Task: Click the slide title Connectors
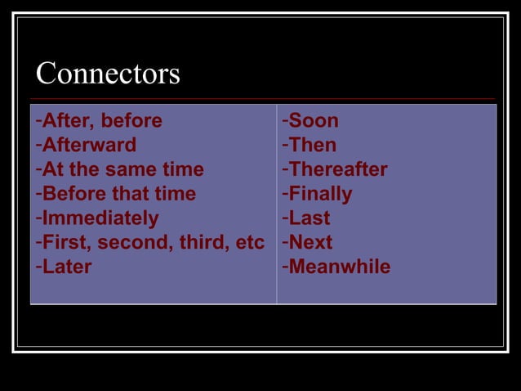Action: pos(108,74)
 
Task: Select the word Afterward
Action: pos(89,146)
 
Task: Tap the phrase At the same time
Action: pos(122,170)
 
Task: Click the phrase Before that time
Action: pos(118,194)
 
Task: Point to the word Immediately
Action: pos(100,218)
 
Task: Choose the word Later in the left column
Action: pos(67,267)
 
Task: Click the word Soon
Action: pos(314,121)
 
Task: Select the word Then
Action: pos(313,146)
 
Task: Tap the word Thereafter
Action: pos(338,170)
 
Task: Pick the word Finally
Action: pos(320,194)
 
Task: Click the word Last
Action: pos(309,218)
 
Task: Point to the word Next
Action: pos(310,242)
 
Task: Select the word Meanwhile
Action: pos(340,267)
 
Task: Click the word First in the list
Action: pos(65,242)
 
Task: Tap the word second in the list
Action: pos(127,242)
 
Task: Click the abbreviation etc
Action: pos(248,242)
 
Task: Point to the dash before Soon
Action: pos(285,121)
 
